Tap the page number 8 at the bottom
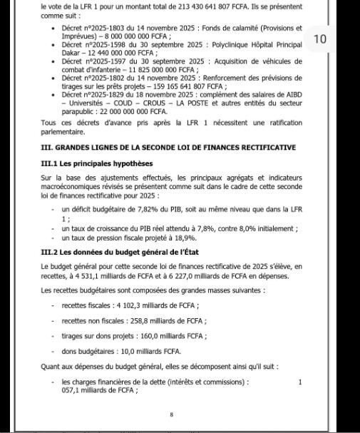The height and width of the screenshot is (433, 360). coord(172,414)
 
